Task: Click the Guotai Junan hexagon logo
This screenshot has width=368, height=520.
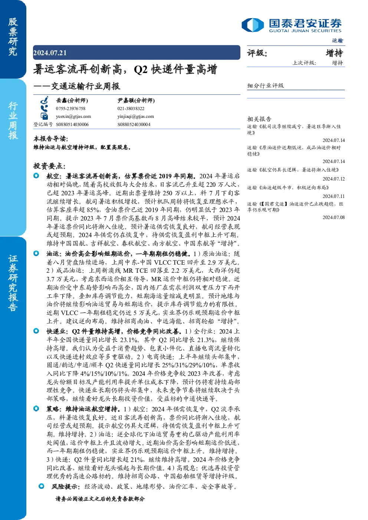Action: [x=253, y=25]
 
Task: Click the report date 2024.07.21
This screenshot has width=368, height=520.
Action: [x=50, y=53]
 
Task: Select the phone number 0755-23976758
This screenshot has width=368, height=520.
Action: [x=70, y=109]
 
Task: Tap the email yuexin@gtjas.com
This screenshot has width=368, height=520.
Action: [x=73, y=116]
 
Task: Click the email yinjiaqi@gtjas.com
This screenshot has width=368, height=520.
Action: [x=136, y=116]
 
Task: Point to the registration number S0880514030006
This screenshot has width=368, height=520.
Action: [x=72, y=125]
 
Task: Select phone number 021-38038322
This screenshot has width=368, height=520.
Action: [x=131, y=109]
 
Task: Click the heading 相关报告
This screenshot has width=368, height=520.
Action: [x=259, y=119]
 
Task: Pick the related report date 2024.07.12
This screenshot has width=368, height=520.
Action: [x=333, y=179]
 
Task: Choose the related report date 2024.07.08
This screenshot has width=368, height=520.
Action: [x=333, y=217]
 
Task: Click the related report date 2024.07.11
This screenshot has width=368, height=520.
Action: [x=333, y=196]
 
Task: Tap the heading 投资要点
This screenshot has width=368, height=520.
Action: [x=49, y=166]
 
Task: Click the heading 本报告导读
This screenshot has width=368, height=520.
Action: [x=51, y=139]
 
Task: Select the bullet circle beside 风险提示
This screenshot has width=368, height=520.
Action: [x=42, y=486]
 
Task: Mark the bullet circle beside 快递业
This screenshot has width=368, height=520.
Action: [x=36, y=331]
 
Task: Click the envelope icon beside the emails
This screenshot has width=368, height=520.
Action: [x=44, y=116]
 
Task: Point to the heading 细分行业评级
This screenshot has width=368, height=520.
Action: [x=265, y=86]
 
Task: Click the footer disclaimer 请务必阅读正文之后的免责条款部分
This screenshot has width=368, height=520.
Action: [x=100, y=499]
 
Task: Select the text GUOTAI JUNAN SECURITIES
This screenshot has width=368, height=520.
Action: [x=305, y=31]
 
